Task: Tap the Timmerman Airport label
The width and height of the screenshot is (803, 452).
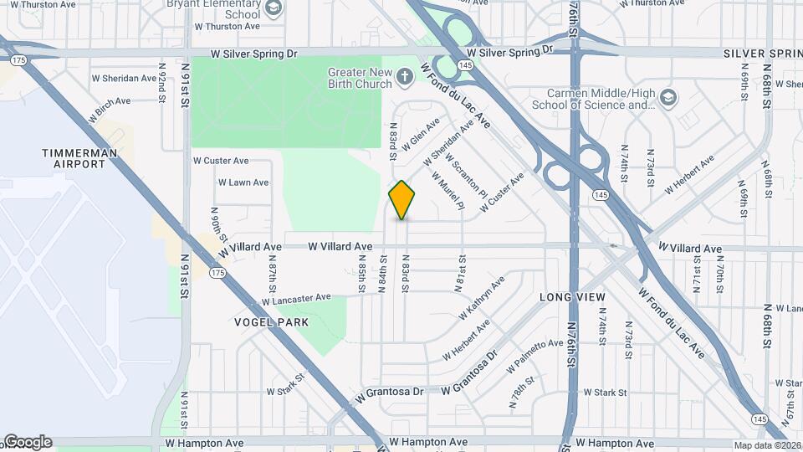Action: click(74, 158)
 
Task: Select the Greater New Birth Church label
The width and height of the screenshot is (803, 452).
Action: click(360, 78)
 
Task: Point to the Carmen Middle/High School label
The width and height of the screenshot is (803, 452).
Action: click(594, 99)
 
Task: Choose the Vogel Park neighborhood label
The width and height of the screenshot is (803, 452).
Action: click(272, 322)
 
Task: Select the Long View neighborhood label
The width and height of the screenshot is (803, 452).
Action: click(572, 297)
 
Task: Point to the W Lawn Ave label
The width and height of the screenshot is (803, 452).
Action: click(243, 182)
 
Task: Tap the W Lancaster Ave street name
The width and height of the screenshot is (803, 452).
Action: click(296, 299)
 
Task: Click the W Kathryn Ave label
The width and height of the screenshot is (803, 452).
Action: click(482, 299)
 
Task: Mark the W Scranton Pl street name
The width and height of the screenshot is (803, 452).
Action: click(466, 175)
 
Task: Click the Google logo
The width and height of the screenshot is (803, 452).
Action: click(27, 442)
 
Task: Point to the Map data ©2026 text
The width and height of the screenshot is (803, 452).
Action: click(766, 445)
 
